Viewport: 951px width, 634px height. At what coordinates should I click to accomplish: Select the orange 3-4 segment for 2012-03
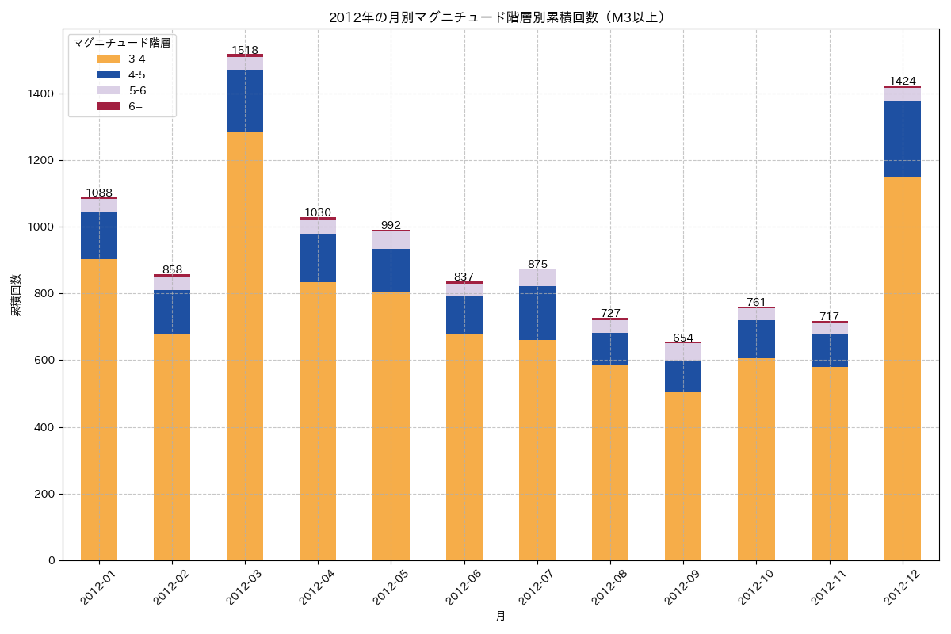(245, 346)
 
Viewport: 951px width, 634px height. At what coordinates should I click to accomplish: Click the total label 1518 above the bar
(245, 50)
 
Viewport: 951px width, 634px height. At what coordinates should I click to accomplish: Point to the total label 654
(683, 338)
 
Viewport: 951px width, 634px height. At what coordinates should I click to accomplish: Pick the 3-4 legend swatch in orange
(108, 59)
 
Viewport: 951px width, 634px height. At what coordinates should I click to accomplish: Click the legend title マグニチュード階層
(122, 43)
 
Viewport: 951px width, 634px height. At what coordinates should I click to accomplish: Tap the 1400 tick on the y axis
(41, 94)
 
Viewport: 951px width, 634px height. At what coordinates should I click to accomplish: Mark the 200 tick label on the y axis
(44, 494)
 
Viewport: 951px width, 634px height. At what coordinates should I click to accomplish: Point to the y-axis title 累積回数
(16, 295)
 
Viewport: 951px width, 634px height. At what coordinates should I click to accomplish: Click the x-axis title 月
(501, 616)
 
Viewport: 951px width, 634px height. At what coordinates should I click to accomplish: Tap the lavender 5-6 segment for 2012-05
(391, 240)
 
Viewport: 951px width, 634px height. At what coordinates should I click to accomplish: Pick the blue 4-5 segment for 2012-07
(537, 313)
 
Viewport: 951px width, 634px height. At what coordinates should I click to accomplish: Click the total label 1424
(903, 81)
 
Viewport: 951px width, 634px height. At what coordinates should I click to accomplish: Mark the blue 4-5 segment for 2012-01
(99, 235)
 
